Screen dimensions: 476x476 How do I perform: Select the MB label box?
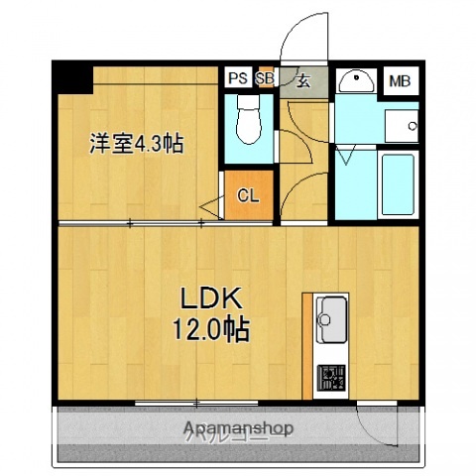click(401, 81)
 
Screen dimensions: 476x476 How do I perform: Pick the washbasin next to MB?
click(355, 81)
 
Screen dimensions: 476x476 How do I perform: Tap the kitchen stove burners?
click(329, 378)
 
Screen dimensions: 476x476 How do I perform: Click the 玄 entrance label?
click(302, 81)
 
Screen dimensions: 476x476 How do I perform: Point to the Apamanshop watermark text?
click(238, 428)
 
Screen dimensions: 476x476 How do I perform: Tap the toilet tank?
click(249, 102)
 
